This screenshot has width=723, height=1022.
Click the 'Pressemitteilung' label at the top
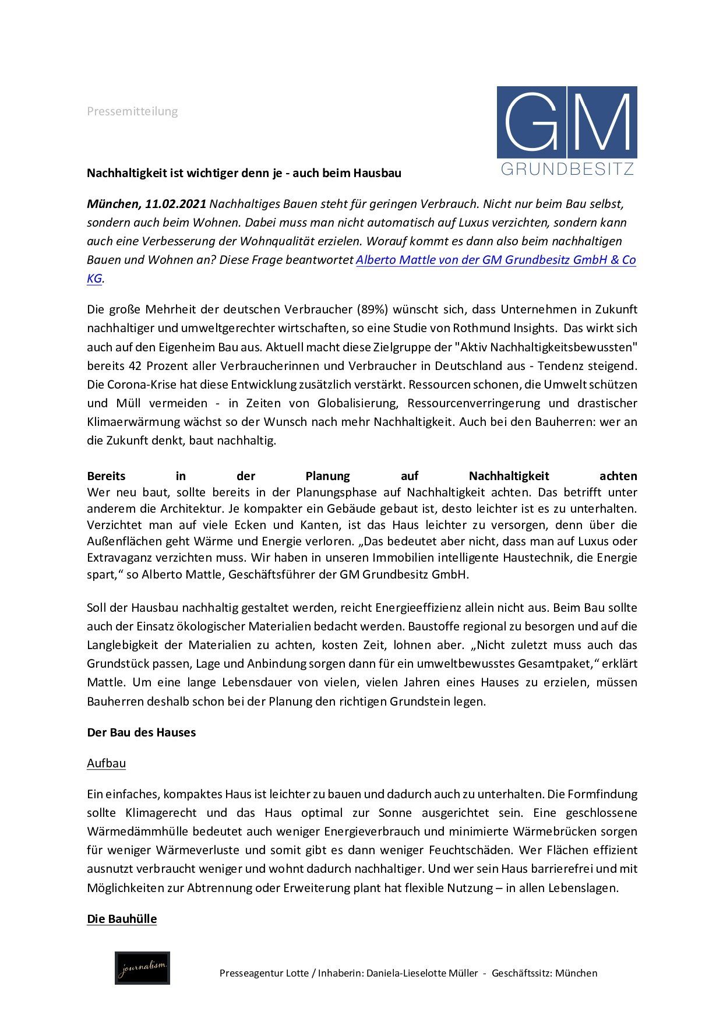[x=132, y=111]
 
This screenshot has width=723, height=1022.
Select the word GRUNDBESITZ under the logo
[x=567, y=170]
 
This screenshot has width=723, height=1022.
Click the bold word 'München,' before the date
[x=114, y=204]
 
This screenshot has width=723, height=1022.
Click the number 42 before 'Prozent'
[x=132, y=366]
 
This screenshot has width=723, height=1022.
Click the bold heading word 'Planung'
[x=328, y=476]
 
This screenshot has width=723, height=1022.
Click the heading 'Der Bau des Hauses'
[x=141, y=732]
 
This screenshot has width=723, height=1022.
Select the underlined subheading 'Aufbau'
[x=106, y=763]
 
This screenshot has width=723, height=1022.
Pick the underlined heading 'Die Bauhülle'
[x=122, y=919]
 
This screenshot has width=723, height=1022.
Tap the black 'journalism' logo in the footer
[x=142, y=968]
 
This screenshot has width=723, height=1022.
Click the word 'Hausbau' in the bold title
[x=379, y=173]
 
